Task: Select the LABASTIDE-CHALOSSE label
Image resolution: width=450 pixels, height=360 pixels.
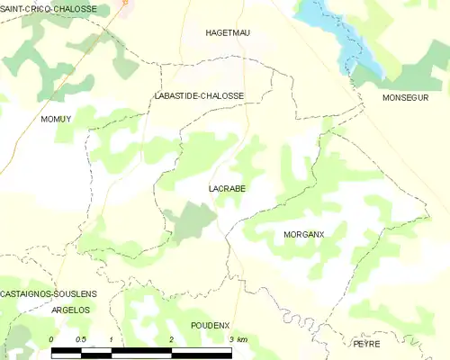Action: [x=199, y=94]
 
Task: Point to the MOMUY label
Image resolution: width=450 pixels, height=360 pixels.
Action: [x=56, y=118]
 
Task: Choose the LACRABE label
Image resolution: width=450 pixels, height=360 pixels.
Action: [x=223, y=189]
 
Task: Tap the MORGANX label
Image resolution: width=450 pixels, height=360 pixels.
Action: [x=303, y=234]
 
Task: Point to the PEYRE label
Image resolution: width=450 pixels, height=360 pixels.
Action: [x=366, y=344]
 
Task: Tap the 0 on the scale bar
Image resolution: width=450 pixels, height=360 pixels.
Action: [x=51, y=339]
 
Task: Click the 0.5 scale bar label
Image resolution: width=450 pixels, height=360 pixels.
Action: [x=81, y=339]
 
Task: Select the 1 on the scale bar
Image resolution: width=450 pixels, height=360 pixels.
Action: [x=111, y=339]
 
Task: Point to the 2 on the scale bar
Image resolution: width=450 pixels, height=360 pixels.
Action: [x=171, y=339]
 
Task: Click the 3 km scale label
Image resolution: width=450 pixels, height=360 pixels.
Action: [x=237, y=339]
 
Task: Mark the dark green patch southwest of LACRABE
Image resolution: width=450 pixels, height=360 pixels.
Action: [x=189, y=220]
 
